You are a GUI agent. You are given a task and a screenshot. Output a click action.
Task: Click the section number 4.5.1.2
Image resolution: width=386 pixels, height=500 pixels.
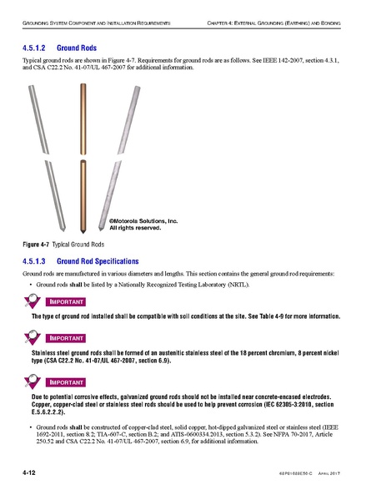click(38, 49)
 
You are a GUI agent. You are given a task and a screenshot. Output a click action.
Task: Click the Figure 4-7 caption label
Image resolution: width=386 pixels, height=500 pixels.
click(36, 245)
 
